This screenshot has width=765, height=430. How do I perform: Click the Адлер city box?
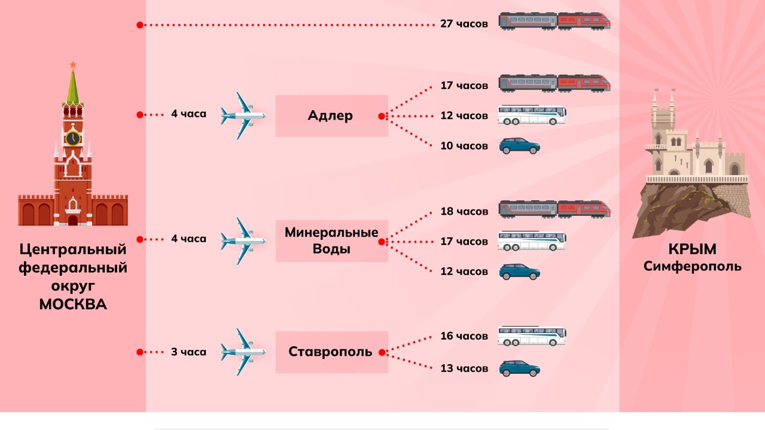331,116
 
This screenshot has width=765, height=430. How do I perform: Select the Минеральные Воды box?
331,240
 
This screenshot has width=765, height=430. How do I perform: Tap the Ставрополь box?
331,352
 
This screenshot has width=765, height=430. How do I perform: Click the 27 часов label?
464,25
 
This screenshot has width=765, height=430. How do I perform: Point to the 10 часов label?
464,146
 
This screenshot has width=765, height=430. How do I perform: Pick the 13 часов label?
464,368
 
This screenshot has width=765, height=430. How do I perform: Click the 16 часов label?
464,336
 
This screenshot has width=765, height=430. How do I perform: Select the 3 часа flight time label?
188,352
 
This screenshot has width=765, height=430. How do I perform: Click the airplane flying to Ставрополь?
243,352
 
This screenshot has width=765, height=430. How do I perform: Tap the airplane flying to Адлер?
243,115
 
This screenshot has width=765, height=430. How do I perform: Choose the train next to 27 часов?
554,22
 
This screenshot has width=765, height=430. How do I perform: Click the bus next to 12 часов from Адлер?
532,115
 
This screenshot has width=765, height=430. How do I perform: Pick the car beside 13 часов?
520,368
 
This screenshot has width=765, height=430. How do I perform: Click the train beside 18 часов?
554,209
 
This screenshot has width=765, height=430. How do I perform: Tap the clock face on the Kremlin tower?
73,138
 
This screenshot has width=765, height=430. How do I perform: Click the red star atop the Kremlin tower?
73,64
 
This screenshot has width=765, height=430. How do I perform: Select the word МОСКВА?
73,304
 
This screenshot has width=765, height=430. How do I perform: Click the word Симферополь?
693,266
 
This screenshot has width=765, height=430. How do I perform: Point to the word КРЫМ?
693,249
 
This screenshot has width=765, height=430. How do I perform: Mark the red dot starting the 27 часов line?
139,25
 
